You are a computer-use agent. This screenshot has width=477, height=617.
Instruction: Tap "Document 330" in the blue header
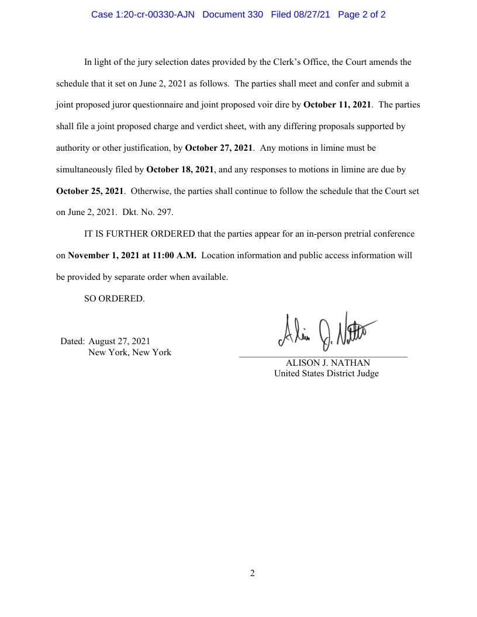point(233,15)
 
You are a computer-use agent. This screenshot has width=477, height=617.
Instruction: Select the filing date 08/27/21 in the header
point(312,15)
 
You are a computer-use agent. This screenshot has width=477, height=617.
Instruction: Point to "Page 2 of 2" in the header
point(362,15)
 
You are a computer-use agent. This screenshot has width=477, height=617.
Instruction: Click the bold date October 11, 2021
point(337,105)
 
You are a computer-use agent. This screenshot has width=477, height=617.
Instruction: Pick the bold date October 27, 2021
point(219,148)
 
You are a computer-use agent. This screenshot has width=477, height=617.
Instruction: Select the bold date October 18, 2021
point(180,169)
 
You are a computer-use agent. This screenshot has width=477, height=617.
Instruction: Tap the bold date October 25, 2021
point(90,191)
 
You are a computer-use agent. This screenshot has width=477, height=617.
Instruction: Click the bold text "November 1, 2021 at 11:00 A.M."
point(132,255)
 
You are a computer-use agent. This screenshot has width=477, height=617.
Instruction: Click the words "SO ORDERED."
point(115,299)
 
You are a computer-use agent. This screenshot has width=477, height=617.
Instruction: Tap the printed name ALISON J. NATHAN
point(327,363)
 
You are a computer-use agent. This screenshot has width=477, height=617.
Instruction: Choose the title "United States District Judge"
point(326,373)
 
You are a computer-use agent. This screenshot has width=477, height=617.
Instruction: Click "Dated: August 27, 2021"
point(106,341)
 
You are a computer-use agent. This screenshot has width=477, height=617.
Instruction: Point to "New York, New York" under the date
point(129,352)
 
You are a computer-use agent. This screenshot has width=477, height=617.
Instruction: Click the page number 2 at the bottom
point(253,573)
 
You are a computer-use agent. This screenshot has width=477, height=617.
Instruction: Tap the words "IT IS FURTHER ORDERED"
point(140,234)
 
